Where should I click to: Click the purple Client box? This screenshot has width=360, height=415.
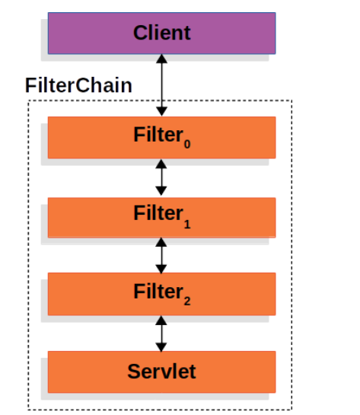pyautogui.click(x=84, y=33)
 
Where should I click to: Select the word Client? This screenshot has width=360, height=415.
pyautogui.click(x=161, y=33)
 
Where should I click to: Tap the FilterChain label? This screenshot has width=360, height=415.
pyautogui.click(x=78, y=85)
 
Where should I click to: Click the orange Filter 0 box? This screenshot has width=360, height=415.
pyautogui.click(x=84, y=137)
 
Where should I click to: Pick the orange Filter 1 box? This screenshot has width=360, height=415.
pyautogui.click(x=84, y=216)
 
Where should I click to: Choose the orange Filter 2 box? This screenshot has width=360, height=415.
pyautogui.click(x=84, y=293)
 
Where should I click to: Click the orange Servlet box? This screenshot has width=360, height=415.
pyautogui.click(x=84, y=371)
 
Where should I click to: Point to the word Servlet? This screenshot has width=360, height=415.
pyautogui.click(x=161, y=371)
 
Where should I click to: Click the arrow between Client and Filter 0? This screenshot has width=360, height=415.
pyautogui.click(x=161, y=85)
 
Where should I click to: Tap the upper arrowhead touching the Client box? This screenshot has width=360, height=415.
pyautogui.click(x=161, y=59)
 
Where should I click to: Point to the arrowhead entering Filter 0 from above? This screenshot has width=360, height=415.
pyautogui.click(x=161, y=111)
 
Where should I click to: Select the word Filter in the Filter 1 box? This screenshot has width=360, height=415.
pyautogui.click(x=155, y=214)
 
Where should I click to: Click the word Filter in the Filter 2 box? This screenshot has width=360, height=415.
pyautogui.click(x=155, y=292)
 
